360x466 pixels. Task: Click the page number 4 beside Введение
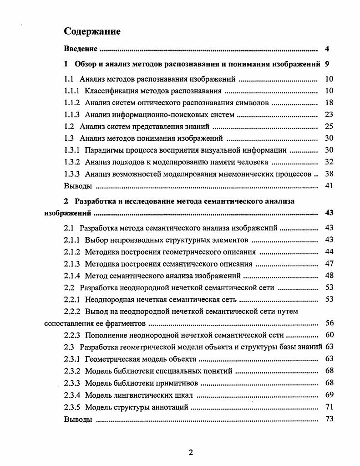327,49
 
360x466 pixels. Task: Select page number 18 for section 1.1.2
330,102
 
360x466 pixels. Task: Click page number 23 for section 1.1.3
330,114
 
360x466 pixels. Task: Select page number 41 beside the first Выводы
330,185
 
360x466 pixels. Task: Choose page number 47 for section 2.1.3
330,263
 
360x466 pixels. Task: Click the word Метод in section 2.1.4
95,275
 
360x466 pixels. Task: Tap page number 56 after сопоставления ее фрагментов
330,323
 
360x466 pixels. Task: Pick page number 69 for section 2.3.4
330,395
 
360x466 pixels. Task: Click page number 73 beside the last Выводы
330,419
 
